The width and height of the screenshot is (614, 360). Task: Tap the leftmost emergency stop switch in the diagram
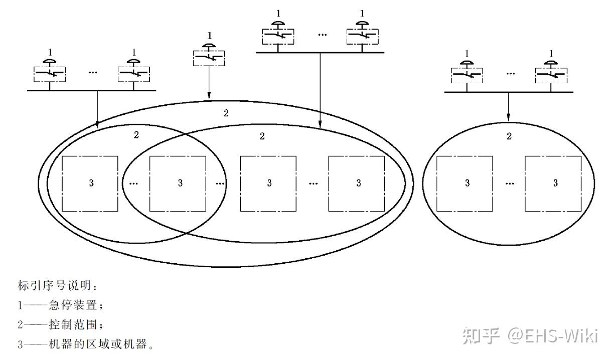click(x=49, y=74)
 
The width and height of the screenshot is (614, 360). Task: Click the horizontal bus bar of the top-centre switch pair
click(x=320, y=52)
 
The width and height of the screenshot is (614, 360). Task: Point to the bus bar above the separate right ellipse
click(x=509, y=92)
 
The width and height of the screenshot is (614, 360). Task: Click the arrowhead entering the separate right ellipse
click(x=509, y=118)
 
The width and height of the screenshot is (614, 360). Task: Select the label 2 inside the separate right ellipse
click(x=509, y=136)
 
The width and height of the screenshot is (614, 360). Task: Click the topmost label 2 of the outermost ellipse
click(x=226, y=113)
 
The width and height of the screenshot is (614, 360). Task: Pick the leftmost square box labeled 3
click(x=90, y=184)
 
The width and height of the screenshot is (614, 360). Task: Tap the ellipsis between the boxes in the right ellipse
click(x=510, y=184)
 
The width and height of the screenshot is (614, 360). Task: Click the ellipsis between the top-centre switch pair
click(x=322, y=35)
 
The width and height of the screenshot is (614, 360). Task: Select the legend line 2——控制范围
click(x=60, y=325)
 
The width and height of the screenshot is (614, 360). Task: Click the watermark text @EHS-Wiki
click(x=552, y=335)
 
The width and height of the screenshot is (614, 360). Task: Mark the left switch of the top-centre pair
click(x=277, y=36)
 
